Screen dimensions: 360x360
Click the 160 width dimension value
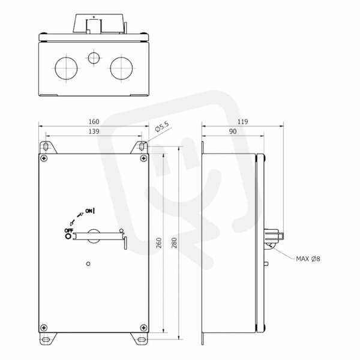pyautogui.click(x=94, y=121)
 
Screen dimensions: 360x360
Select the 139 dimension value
pyautogui.click(x=94, y=131)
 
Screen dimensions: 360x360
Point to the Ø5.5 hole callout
pyautogui.click(x=162, y=127)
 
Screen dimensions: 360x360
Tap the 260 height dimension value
pyautogui.click(x=159, y=243)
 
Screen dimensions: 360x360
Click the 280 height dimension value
pyautogui.click(x=174, y=243)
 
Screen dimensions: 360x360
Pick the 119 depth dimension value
pyautogui.click(x=242, y=121)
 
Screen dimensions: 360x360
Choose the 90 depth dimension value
pyautogui.click(x=233, y=131)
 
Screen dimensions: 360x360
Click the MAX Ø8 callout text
pyautogui.click(x=308, y=259)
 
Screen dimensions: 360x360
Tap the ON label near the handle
pyautogui.click(x=89, y=211)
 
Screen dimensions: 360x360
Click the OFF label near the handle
pyautogui.click(x=69, y=230)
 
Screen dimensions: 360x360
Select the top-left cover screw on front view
pyautogui.click(x=44, y=158)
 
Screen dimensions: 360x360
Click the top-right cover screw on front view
pyautogui.click(x=144, y=158)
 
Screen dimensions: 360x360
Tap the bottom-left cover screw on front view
pyautogui.click(x=44, y=328)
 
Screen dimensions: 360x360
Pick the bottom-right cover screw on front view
pyautogui.click(x=144, y=328)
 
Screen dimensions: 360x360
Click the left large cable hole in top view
pyautogui.click(x=66, y=68)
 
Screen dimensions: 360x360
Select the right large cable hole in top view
pyautogui.click(x=121, y=68)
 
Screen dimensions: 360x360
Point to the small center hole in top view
pyautogui.click(x=94, y=58)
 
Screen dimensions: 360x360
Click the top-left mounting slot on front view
pyautogui.click(x=46, y=146)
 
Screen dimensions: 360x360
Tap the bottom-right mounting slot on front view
pyautogui.click(x=142, y=340)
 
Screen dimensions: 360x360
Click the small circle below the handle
pyautogui.click(x=88, y=264)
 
